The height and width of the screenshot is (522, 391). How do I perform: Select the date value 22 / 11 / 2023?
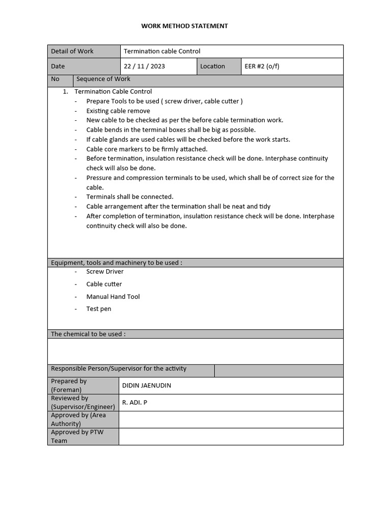[144, 66]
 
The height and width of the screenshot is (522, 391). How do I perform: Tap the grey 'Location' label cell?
[212, 66]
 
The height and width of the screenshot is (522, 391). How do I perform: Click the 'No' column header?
[55, 80]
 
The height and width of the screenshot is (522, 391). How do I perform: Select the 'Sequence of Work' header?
[103, 80]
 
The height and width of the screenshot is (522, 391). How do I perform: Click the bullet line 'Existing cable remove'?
[118, 111]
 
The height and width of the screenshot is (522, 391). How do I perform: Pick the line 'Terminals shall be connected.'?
[130, 197]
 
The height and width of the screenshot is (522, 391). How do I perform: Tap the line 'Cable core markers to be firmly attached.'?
[147, 149]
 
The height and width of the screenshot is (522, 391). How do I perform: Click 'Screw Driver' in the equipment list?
[105, 272]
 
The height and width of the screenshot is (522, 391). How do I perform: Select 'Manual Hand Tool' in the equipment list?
[113, 297]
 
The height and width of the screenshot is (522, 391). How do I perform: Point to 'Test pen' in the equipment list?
[99, 309]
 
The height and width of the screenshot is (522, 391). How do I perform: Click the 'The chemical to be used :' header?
[88, 334]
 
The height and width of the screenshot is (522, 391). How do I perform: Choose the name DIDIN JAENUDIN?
[147, 385]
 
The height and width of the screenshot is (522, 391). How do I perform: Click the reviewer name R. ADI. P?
[134, 403]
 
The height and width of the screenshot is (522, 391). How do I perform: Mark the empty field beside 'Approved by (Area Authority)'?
[231, 420]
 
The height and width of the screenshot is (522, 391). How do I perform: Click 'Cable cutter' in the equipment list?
[104, 284]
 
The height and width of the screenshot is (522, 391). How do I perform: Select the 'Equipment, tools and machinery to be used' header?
[117, 263]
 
